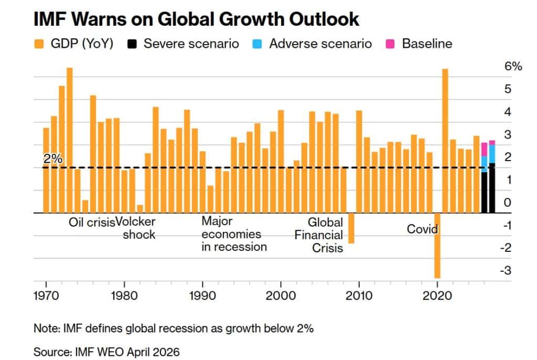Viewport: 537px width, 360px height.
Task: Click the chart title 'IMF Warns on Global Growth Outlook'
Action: (x=196, y=19)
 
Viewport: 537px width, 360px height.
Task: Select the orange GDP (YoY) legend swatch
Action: (x=39, y=44)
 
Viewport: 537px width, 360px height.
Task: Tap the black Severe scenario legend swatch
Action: (x=133, y=44)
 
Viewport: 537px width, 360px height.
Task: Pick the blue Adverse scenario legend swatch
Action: (x=259, y=44)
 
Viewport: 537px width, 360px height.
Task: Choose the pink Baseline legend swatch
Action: (x=392, y=44)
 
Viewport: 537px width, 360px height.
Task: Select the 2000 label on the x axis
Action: (x=281, y=295)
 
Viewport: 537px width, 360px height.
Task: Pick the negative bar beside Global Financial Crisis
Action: (x=351, y=228)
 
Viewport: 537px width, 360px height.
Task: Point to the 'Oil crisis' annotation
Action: (x=92, y=222)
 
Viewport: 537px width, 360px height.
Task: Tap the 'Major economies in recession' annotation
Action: (x=234, y=234)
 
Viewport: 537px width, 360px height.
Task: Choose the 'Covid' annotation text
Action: (x=422, y=229)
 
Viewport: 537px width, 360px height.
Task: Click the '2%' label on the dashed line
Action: (x=52, y=159)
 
